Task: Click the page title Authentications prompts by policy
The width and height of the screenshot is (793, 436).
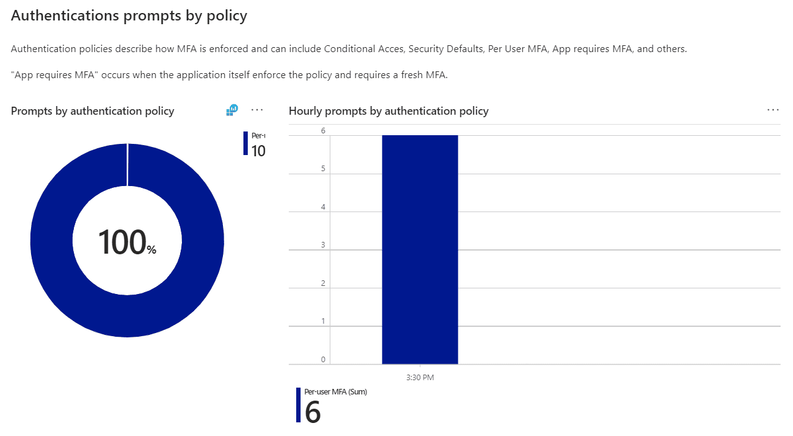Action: click(x=129, y=16)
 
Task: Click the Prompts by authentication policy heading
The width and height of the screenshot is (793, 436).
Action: click(x=93, y=111)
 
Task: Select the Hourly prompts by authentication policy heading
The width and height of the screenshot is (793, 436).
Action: click(x=389, y=111)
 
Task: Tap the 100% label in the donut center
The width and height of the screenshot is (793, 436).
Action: click(x=127, y=242)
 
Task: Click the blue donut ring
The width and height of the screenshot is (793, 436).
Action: click(x=52, y=241)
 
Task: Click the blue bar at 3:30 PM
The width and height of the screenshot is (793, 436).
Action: click(x=420, y=248)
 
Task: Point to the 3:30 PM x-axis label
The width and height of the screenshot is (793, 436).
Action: click(x=420, y=377)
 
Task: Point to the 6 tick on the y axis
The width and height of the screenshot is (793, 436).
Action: click(x=323, y=131)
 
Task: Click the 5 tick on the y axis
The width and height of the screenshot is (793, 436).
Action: click(x=323, y=169)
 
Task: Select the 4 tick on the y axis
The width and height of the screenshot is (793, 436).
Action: click(x=323, y=207)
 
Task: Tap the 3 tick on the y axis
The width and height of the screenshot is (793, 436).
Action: click(x=323, y=246)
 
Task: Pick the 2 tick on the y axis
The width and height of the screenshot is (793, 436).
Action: click(x=323, y=283)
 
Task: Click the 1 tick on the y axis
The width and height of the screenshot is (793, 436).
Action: click(x=323, y=322)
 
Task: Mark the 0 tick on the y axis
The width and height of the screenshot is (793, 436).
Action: click(x=323, y=360)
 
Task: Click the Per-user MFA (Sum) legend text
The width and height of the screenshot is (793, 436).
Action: click(x=335, y=392)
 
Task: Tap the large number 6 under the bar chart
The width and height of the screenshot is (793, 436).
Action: click(x=313, y=412)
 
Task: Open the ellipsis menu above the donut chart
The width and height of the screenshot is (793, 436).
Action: click(x=257, y=110)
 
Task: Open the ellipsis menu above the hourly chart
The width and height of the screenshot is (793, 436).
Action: click(x=773, y=110)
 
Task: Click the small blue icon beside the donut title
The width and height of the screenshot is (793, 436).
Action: click(x=232, y=110)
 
